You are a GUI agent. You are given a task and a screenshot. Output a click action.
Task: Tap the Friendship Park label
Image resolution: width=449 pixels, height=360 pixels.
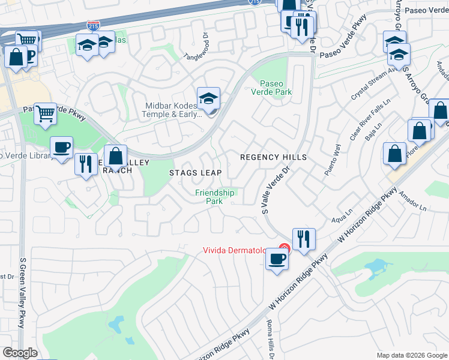coord(215,197)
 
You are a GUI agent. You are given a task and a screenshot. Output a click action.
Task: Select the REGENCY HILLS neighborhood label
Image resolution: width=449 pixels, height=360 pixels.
coord(273,157)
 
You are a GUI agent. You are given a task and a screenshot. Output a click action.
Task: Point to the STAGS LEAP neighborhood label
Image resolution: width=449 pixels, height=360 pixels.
coord(195,173)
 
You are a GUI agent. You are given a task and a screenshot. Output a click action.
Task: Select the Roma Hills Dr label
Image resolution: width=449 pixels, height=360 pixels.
coord(271,340)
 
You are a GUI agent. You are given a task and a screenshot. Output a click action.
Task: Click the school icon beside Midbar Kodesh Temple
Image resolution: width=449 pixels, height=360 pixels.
coord(208,98)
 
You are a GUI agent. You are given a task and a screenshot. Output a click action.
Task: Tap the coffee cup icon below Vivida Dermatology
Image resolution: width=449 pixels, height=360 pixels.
coord(276,259)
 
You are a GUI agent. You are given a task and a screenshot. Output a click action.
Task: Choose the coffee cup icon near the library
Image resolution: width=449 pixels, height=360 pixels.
coord(61,148)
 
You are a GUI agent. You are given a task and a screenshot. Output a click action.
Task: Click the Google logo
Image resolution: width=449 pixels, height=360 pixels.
coord(20,353)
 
